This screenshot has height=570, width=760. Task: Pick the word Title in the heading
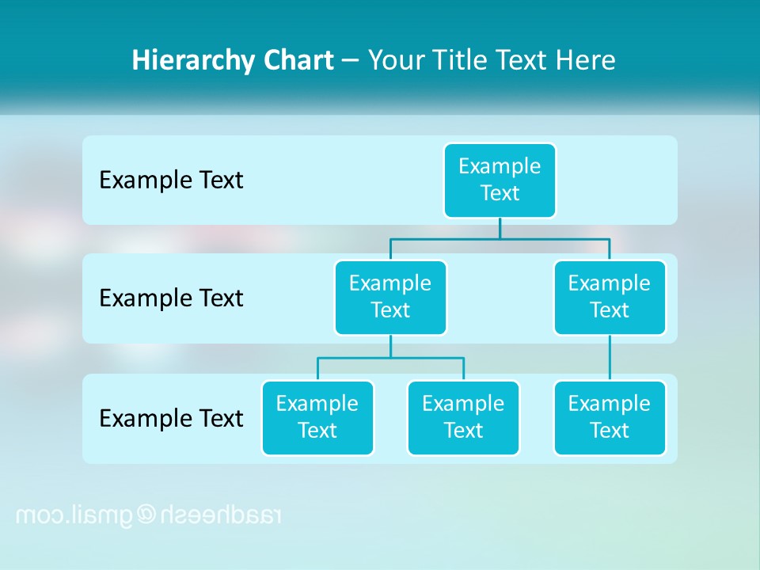(x=460, y=61)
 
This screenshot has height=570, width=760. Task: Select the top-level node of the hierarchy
(x=500, y=180)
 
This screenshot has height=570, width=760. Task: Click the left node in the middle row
(x=390, y=297)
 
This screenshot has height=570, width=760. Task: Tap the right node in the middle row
(x=610, y=297)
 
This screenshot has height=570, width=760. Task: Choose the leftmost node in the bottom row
(x=317, y=417)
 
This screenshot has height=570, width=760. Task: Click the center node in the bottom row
(x=463, y=417)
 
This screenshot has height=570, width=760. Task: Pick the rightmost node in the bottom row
(x=610, y=417)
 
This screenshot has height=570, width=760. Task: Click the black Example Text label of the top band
(x=171, y=180)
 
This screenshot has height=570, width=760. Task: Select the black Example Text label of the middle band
(x=171, y=298)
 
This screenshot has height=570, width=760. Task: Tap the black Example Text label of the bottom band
(x=171, y=418)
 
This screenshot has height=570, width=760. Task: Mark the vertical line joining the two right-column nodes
(x=610, y=358)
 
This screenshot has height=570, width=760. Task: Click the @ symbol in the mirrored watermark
(x=148, y=515)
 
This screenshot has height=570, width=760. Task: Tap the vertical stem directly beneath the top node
(x=500, y=228)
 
